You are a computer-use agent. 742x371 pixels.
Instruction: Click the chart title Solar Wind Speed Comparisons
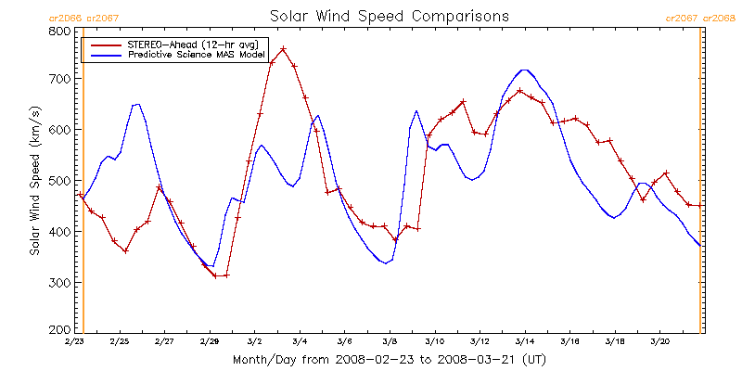[x=390, y=16]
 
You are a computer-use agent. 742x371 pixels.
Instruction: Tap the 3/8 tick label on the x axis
[x=390, y=341]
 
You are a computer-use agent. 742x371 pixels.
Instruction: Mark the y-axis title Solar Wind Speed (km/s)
[x=34, y=180]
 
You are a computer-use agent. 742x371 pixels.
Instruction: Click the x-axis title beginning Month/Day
[x=390, y=360]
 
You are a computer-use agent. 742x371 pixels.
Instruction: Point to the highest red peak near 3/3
[x=283, y=48]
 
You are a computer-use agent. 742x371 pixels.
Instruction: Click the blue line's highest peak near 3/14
[x=524, y=70]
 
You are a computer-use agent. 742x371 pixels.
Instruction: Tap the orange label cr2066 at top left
[x=65, y=19]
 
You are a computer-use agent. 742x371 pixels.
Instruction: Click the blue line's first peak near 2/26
[x=137, y=104]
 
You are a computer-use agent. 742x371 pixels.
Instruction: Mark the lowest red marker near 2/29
[x=215, y=275]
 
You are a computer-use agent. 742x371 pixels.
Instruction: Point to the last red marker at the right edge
[x=699, y=205]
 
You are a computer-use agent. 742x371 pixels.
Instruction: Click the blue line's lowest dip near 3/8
[x=385, y=263]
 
